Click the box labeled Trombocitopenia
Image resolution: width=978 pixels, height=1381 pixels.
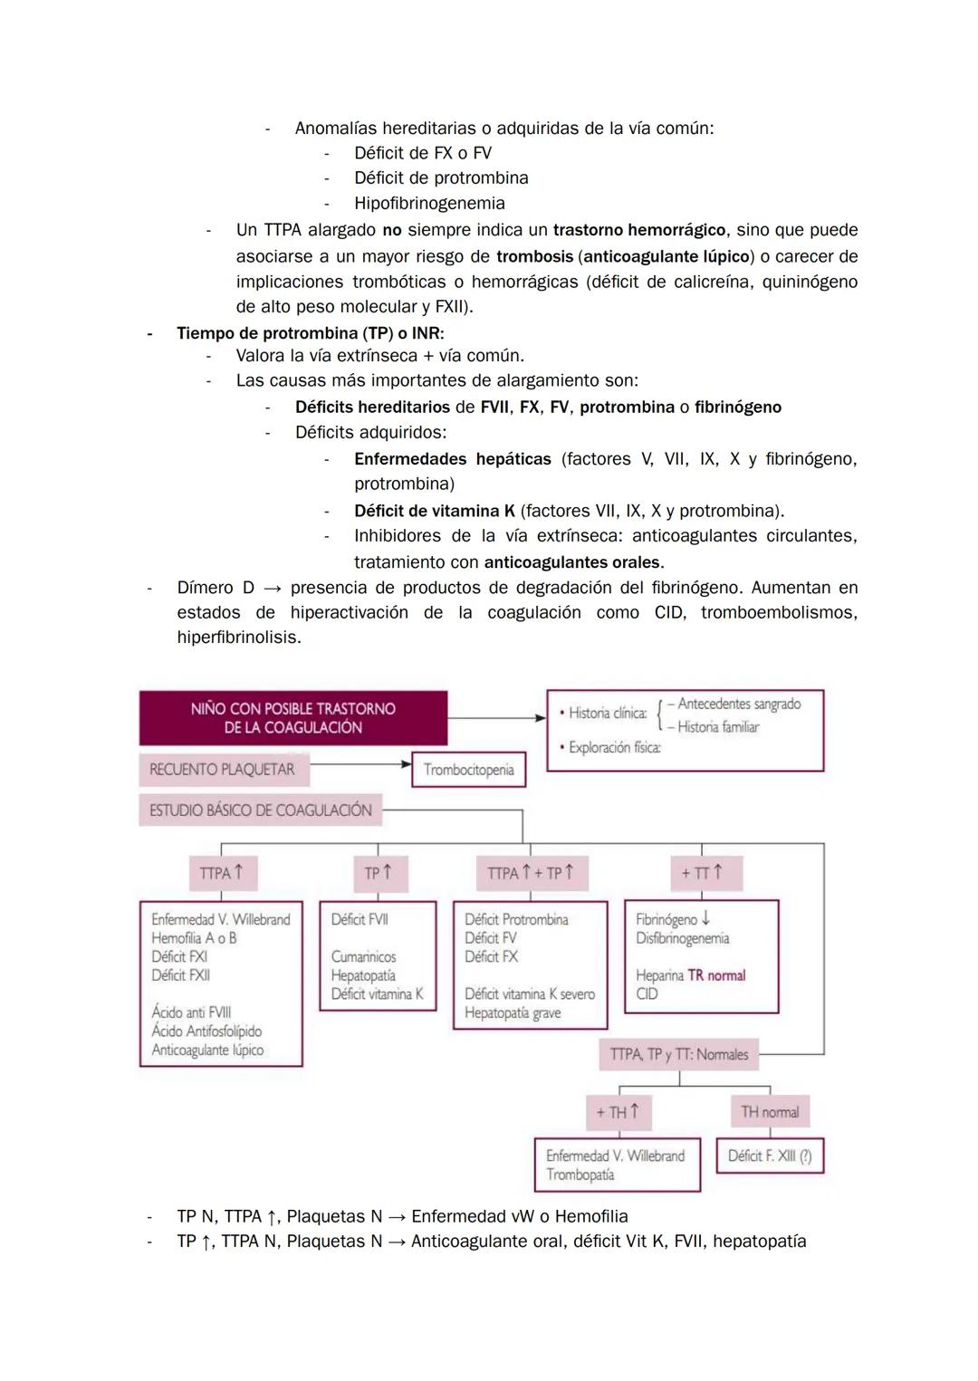tap(468, 770)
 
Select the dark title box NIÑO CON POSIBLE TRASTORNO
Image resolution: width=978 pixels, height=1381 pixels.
tap(292, 718)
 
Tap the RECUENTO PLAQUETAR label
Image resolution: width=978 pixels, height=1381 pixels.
tap(222, 770)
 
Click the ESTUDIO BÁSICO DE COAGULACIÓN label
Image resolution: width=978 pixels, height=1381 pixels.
tap(260, 810)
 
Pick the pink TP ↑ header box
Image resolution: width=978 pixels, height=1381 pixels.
tap(378, 873)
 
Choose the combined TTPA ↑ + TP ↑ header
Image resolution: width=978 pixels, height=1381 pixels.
tap(530, 873)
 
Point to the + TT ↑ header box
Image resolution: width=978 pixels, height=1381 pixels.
tap(702, 873)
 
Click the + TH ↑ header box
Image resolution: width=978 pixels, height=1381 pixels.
tap(618, 1112)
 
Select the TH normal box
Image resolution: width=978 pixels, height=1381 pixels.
tap(770, 1112)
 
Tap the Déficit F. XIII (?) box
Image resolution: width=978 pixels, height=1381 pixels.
tap(770, 1156)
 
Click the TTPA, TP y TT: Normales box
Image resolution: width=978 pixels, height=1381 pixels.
tap(678, 1054)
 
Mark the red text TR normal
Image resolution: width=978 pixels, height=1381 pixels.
tap(716, 975)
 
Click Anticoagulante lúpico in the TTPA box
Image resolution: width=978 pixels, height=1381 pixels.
tap(207, 1050)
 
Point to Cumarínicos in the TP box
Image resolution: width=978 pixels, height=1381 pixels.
tap(363, 956)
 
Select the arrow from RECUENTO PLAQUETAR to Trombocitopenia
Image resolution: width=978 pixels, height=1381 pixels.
tap(360, 764)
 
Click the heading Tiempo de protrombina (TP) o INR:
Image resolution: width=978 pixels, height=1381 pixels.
tap(310, 333)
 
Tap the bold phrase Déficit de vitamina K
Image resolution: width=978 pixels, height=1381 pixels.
tap(435, 511)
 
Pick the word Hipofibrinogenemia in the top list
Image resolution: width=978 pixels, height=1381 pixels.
tap(429, 204)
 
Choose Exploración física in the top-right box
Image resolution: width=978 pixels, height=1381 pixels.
tap(614, 748)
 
